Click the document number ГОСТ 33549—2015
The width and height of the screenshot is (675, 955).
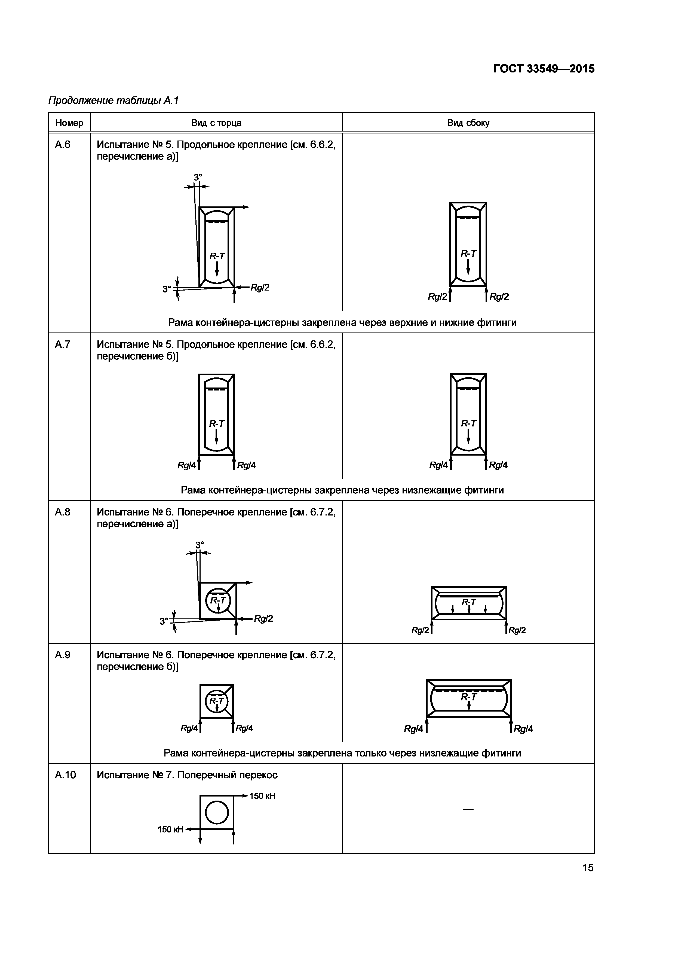coord(544,69)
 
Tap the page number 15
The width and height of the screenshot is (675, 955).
coord(588,868)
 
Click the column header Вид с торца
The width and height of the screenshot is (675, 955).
coord(216,123)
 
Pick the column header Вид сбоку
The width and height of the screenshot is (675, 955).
coord(468,123)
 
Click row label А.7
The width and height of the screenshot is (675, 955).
coord(63,344)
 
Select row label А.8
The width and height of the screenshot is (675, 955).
coord(63,512)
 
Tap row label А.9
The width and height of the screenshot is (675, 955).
coord(63,655)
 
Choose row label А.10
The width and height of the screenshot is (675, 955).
coord(65,775)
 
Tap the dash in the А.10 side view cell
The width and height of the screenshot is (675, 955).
coord(468,809)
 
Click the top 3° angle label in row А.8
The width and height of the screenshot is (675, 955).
coord(200,544)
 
